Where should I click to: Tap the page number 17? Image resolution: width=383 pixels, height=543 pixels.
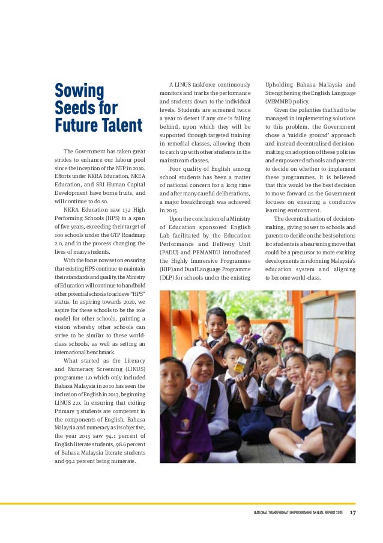(x=353, y=512)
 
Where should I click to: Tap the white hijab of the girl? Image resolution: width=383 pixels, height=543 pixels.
(x=195, y=363)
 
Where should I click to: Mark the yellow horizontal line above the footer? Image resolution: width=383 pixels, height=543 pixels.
(x=191, y=503)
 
